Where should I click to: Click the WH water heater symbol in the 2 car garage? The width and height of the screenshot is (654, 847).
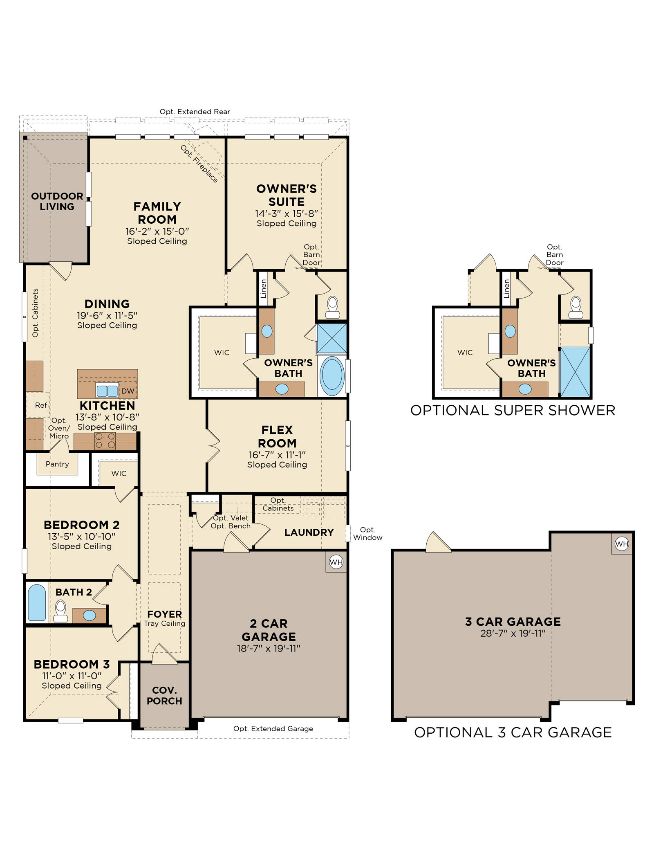pyautogui.click(x=336, y=562)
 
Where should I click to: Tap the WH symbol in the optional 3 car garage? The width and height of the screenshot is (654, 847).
pyautogui.click(x=622, y=544)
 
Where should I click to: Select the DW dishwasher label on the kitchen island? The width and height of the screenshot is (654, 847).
pyautogui.click(x=128, y=391)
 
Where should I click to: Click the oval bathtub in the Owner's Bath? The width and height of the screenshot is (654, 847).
pyautogui.click(x=332, y=376)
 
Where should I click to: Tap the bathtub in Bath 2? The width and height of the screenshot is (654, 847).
pyautogui.click(x=37, y=602)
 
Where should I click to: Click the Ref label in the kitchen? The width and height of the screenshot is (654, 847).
pyautogui.click(x=41, y=405)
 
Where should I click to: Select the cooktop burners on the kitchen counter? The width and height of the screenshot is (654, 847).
pyautogui.click(x=105, y=441)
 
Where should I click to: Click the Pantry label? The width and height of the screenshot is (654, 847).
pyautogui.click(x=57, y=464)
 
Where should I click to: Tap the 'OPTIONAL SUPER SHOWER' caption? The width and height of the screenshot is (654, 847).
pyautogui.click(x=513, y=410)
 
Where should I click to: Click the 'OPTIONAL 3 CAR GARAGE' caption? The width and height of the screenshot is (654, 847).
pyautogui.click(x=513, y=732)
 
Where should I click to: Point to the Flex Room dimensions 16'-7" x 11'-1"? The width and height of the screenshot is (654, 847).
pyautogui.click(x=277, y=455)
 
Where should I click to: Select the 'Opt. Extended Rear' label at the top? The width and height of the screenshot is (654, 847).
pyautogui.click(x=195, y=112)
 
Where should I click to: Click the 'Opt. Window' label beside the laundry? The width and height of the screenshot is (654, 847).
pyautogui.click(x=368, y=534)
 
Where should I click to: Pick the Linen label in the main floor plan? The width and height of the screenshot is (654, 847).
pyautogui.click(x=264, y=288)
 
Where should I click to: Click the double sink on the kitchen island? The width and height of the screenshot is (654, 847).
pyautogui.click(x=107, y=391)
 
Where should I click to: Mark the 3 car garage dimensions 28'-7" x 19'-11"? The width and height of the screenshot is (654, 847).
pyautogui.click(x=513, y=633)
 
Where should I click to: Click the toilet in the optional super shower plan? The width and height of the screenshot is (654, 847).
pyautogui.click(x=576, y=308)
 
